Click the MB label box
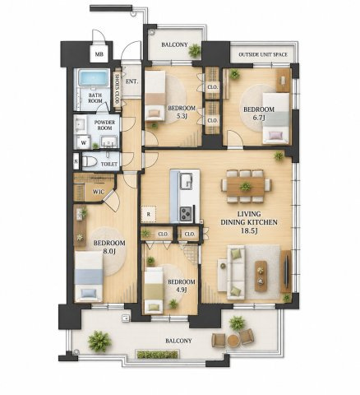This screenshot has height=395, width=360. [x=99, y=54]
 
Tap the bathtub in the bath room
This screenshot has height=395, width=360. [x=94, y=77]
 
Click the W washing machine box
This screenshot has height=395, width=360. [x=84, y=142]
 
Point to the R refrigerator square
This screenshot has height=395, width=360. [x=149, y=214]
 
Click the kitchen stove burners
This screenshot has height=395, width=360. [x=187, y=214]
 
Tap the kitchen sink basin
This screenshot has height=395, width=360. [x=187, y=181]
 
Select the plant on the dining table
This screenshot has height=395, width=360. [x=246, y=187]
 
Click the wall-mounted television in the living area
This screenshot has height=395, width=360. [x=286, y=271]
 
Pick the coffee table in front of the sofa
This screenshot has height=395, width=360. [x=261, y=276]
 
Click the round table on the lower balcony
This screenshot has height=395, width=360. [x=233, y=340]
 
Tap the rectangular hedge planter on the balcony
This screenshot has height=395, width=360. [x=158, y=354]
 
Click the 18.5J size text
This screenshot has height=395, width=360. [x=249, y=231]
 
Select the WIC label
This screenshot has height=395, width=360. [x=99, y=192]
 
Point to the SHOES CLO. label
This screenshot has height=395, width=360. [x=117, y=90]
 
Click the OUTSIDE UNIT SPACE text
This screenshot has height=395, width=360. [x=263, y=54]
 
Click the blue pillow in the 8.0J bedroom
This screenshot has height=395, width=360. [x=88, y=294]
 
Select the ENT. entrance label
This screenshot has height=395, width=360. [x=132, y=81]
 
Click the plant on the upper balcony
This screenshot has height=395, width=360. [x=195, y=50]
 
